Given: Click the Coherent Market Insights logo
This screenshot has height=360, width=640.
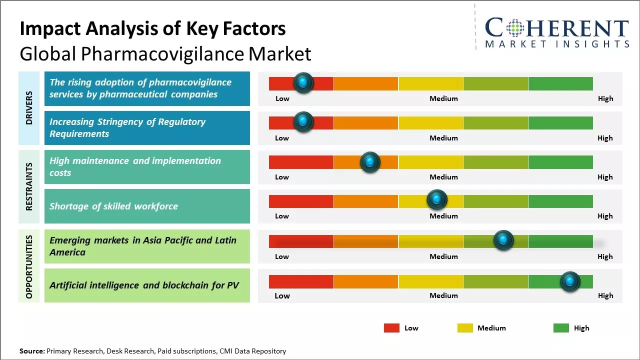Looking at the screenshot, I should pos(557,32).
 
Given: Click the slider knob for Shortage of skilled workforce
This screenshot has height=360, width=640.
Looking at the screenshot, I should pos(437,200).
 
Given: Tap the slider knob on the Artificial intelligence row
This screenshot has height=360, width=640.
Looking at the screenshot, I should pos(569,281).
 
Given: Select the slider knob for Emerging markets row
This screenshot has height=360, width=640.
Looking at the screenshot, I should pos(503,240).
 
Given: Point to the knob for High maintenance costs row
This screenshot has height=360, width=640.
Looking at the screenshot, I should pos(370,162).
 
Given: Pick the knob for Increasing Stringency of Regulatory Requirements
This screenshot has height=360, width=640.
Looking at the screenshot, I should pos(303,122).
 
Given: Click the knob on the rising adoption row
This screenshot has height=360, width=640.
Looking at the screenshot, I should pos(303,83).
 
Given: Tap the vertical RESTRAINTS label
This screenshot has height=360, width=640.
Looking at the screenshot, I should pos(29,186).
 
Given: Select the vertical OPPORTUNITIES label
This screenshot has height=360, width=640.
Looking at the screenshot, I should pos(29,266).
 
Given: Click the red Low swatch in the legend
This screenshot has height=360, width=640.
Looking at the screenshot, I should pos(391,328).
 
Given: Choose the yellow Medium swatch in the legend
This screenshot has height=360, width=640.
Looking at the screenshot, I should pos(465,328).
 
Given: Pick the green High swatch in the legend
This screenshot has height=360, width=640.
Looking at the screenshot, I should pos(561,328).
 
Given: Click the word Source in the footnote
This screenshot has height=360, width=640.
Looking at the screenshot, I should pos(32,351).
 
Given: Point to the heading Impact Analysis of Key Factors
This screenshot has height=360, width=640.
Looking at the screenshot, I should pos(152,29).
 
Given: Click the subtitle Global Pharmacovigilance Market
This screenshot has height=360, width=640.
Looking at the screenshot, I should pos(165,54).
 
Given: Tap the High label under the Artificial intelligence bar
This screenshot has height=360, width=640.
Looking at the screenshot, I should pos(605,295).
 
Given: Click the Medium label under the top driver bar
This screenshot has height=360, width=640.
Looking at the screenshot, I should pos(443,98).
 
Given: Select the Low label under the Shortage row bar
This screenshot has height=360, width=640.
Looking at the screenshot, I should pos(282,216).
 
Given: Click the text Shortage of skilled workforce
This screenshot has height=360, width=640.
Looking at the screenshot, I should pos(113,206).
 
